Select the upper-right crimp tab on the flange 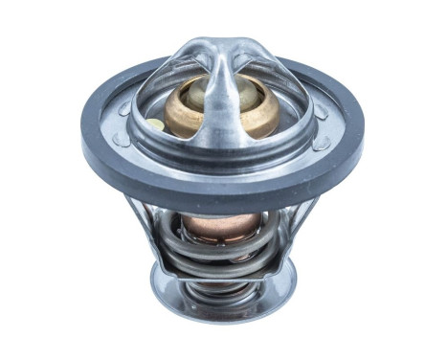[x=320, y=111]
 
